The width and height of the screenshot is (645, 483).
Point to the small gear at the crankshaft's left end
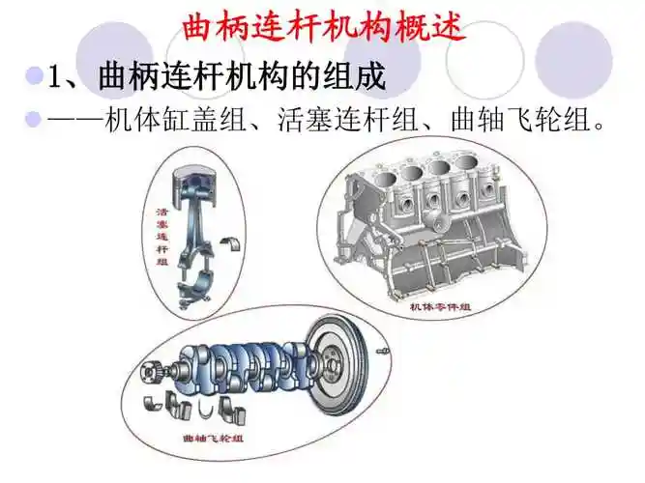(152, 371)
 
